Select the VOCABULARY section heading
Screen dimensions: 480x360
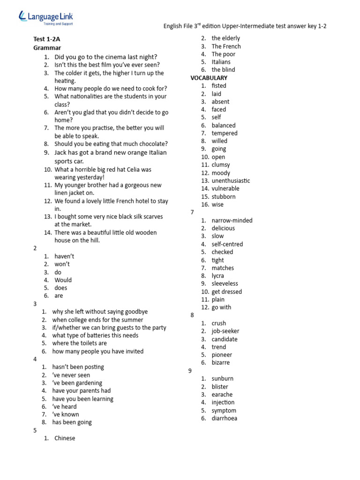pos(209,78)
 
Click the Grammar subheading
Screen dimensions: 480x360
pos(47,48)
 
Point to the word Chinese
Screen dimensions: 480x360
pos(65,438)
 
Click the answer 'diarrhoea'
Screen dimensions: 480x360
pos(224,418)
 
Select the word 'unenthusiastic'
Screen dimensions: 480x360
pos(231,180)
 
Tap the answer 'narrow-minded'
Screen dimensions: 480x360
pos(232,220)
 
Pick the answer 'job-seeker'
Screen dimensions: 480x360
pos(225,331)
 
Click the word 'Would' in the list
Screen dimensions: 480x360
pos(63,280)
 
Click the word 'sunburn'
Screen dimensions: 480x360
pos(222,379)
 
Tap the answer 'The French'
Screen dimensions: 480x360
pos(226,46)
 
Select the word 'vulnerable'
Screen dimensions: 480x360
pos(225,188)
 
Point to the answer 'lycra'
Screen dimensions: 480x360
pos(217,276)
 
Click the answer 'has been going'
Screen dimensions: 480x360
pos(72,422)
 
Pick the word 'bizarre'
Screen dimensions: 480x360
pos(220,362)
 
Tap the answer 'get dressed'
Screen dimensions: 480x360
pos(226,292)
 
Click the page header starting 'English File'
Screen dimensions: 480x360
pos(245,26)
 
